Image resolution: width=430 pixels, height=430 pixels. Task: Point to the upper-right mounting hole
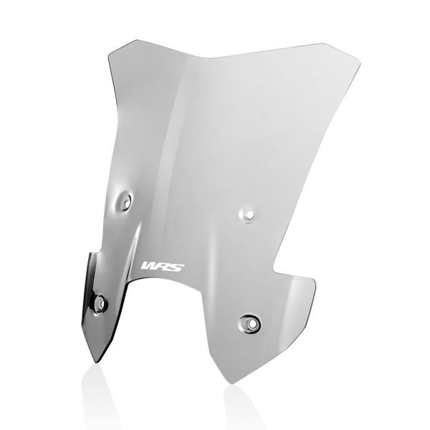[249, 213]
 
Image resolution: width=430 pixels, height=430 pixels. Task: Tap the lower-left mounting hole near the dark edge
[100, 303]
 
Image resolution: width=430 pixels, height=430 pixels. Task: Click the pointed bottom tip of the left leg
[99, 361]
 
